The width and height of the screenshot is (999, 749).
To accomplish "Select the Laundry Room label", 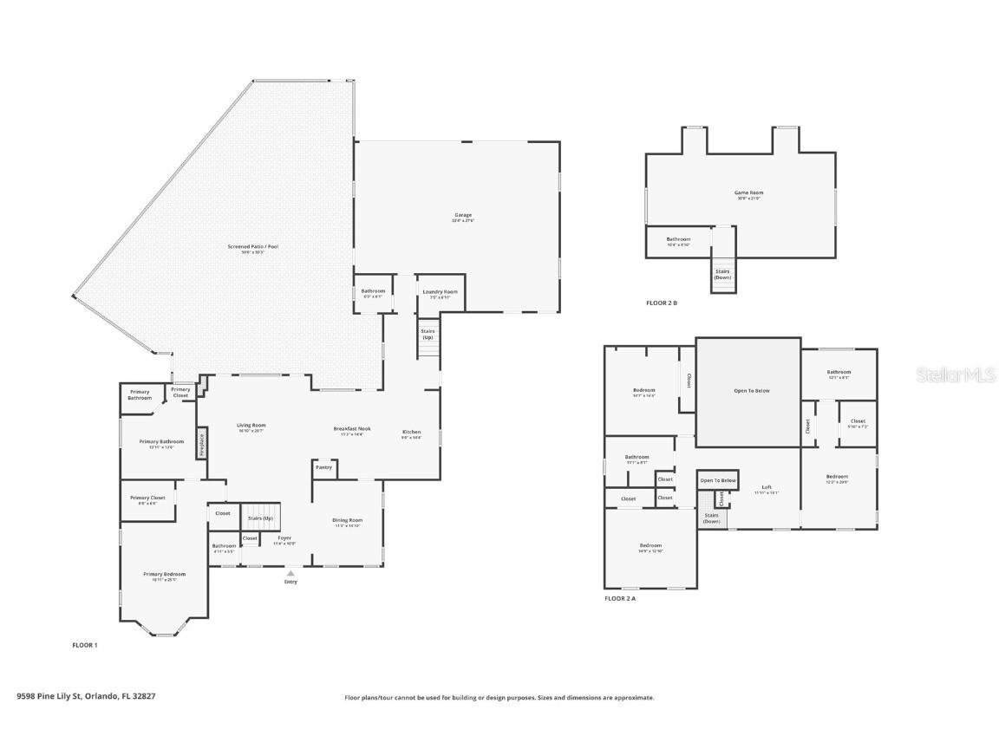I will (440, 293).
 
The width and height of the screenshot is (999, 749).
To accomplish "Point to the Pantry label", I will (323, 467).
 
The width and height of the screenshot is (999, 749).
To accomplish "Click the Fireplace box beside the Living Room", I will (202, 442).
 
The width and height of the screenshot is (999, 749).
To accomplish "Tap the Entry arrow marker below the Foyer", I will (291, 573).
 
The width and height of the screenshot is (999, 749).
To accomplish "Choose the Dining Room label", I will (347, 522).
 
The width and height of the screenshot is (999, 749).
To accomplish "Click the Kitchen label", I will (411, 433).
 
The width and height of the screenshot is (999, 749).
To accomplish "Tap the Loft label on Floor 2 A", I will (767, 489).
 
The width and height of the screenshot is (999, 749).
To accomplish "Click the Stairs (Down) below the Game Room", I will (722, 274).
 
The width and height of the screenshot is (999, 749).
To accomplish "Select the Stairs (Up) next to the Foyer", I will (261, 518).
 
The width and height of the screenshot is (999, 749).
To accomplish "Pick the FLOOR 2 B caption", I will (662, 303).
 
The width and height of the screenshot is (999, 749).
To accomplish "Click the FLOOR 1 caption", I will (84, 645).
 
